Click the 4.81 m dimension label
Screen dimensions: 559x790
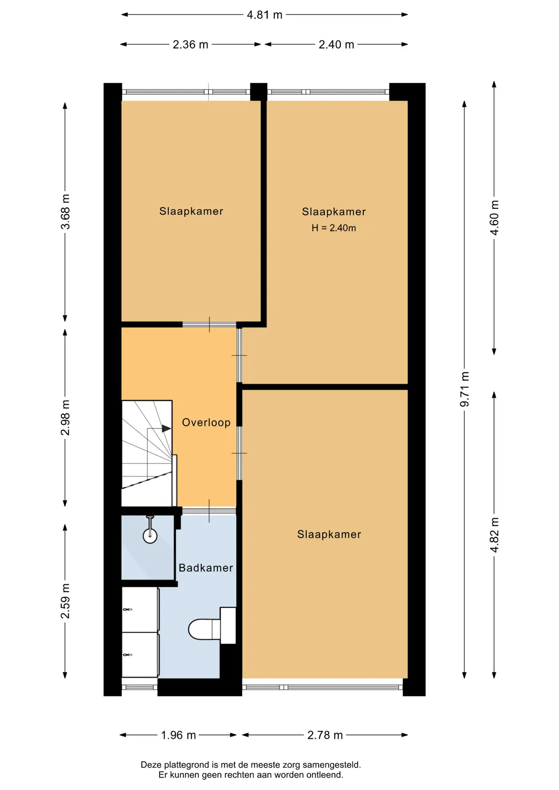click(264, 15)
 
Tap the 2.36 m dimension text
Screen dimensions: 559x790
click(190, 44)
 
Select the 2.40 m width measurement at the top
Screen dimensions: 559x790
click(336, 44)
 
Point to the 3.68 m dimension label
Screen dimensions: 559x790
click(65, 211)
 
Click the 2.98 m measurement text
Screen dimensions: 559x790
click(65, 417)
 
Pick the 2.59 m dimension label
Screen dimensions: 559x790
click(65, 601)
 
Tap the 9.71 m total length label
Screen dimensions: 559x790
click(465, 389)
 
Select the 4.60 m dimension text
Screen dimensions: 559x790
click(494, 218)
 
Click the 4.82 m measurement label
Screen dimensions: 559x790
click(494, 535)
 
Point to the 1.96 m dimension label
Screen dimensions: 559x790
click(178, 735)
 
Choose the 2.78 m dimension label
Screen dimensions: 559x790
click(325, 735)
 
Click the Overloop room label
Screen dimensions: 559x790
click(206, 423)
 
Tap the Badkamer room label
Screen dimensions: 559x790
click(206, 568)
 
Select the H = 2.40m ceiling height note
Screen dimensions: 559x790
click(334, 228)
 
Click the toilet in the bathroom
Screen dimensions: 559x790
click(212, 625)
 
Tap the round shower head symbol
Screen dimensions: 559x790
click(150, 536)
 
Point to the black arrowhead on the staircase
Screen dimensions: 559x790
click(166, 429)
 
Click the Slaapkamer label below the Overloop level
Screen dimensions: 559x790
click(329, 534)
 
